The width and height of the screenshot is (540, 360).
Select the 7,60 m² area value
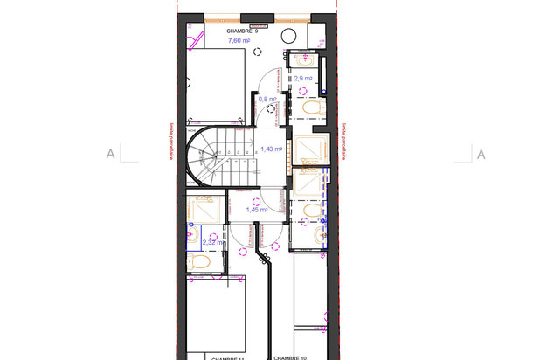[239, 41]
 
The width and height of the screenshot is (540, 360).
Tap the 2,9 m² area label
[303, 79]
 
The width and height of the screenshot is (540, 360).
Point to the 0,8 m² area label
[267, 100]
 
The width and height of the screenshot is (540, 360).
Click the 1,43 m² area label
[272, 149]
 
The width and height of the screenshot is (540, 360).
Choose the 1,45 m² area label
[257, 210]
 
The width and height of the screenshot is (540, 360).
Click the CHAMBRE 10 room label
[291, 357]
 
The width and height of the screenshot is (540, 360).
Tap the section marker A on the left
[111, 155]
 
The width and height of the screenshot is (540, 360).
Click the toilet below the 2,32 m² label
[198, 262]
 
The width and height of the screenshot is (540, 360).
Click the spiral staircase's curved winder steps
[207, 157]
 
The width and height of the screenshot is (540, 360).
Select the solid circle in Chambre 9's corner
[287, 36]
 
